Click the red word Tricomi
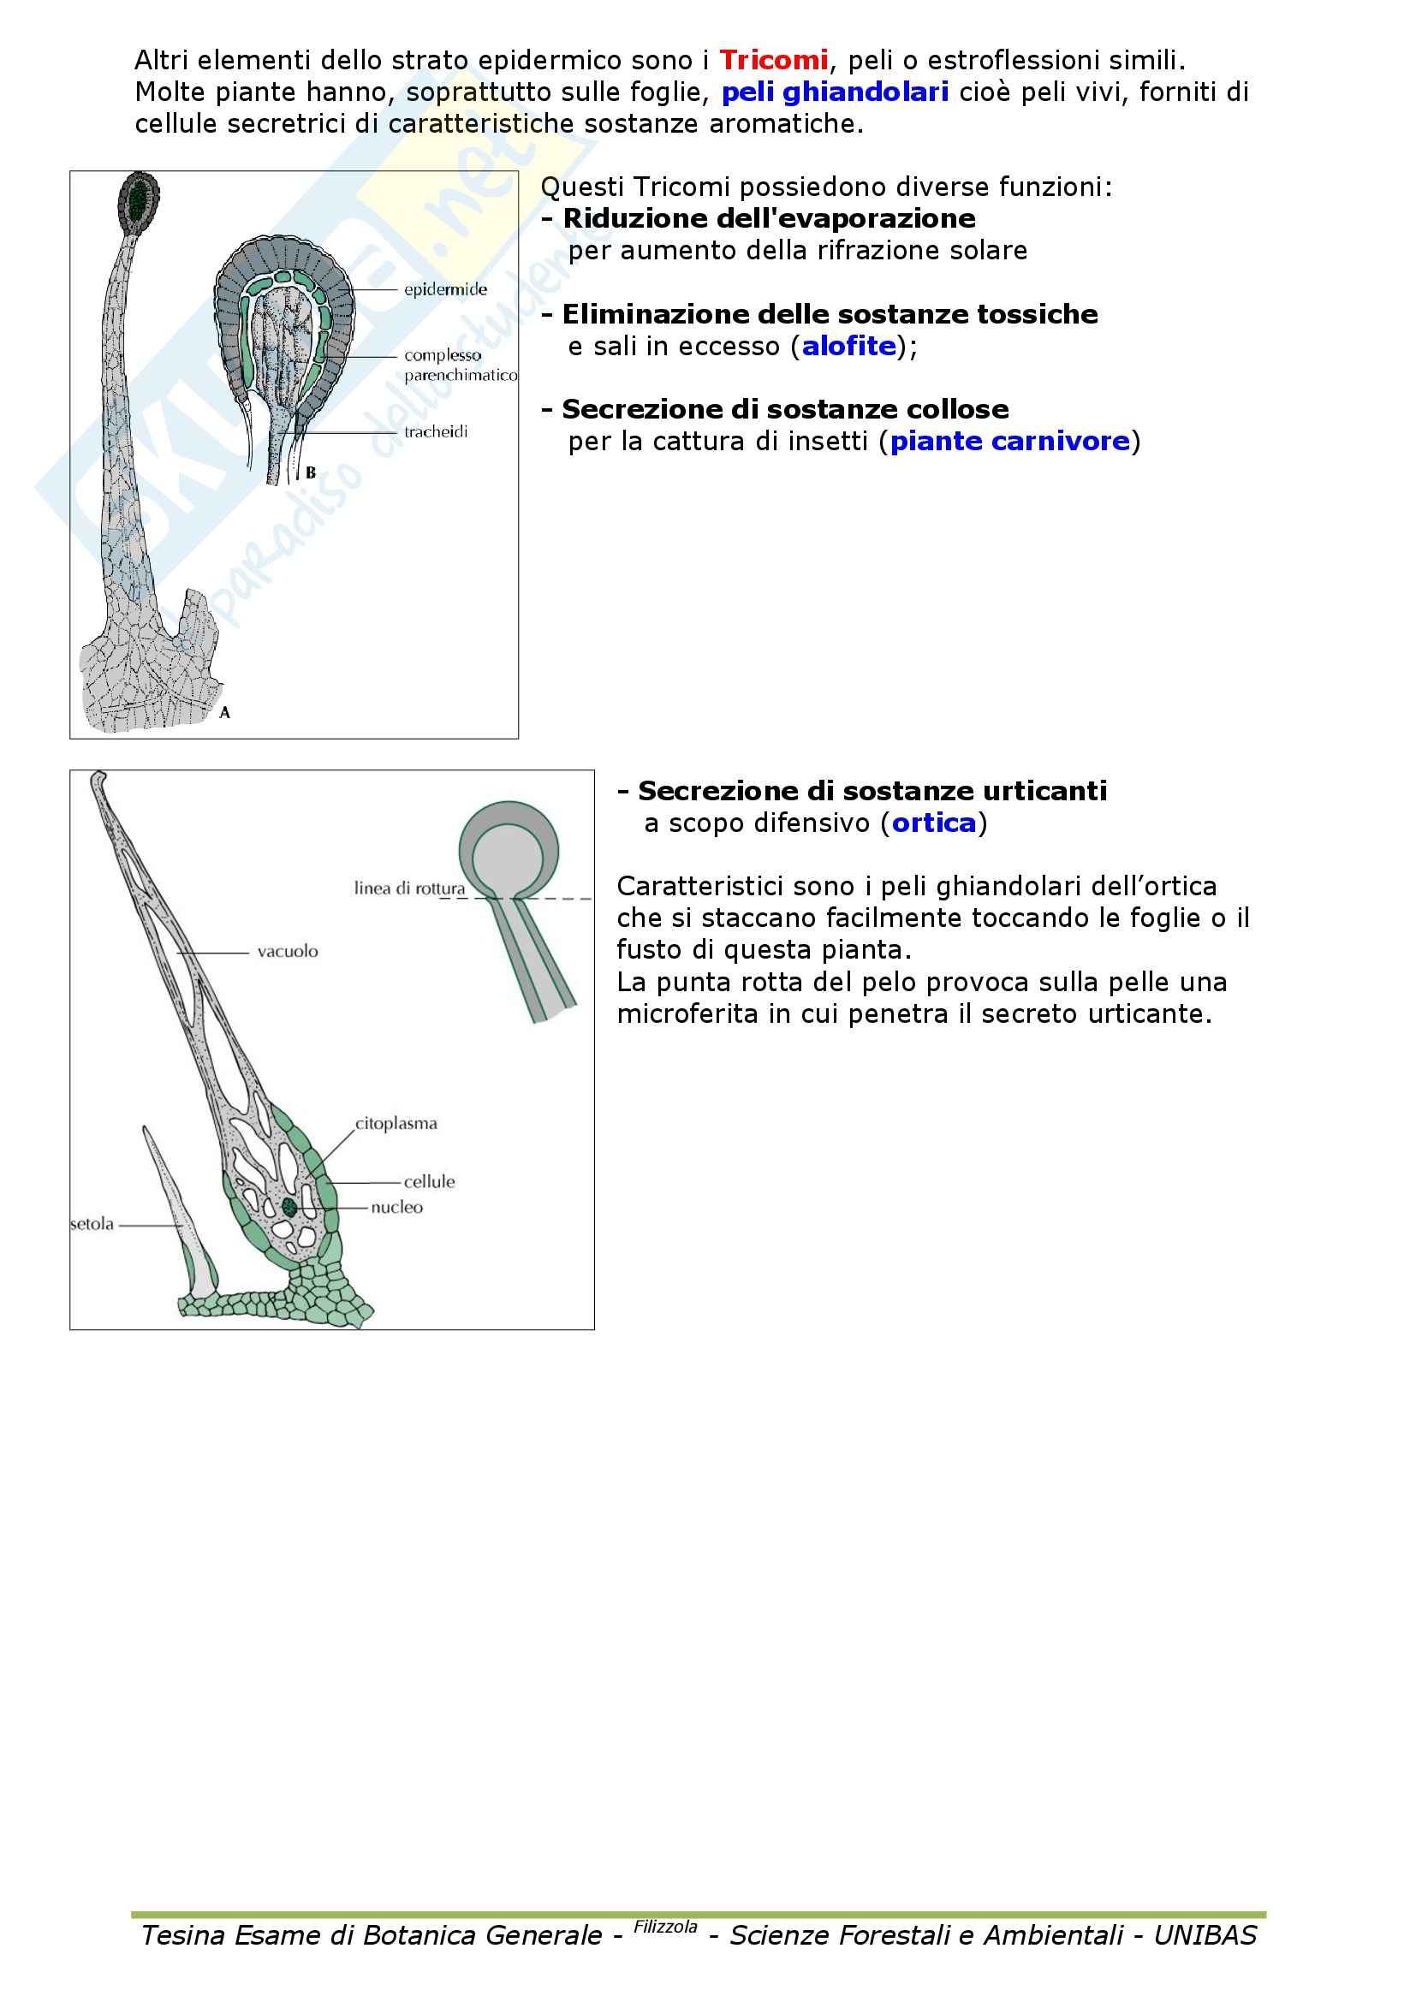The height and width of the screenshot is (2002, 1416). pos(772,61)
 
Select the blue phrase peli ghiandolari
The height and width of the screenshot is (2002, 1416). pos(835,92)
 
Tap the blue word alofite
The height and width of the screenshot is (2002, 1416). pos(848,347)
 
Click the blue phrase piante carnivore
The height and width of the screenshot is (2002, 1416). pos(1008,442)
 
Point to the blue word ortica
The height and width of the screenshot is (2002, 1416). pos(933,823)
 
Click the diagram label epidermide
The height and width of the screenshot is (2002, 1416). pos(444,289)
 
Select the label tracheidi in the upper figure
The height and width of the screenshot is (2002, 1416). pos(435,431)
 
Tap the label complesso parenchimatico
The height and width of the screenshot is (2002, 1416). pos(459,365)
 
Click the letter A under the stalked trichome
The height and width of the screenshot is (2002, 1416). pos(225,712)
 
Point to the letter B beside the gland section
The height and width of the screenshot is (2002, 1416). pos(311,473)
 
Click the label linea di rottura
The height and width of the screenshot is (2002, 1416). pos(409,888)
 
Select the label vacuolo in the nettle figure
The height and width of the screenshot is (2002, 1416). pos(288,951)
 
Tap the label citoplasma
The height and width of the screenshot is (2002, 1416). pos(396,1124)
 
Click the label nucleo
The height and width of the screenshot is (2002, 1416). pos(396,1208)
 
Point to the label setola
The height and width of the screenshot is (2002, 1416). pos(92,1224)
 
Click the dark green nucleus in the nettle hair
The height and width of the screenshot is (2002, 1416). pos(289,1207)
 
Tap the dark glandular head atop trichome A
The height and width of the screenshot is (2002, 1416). pos(140,199)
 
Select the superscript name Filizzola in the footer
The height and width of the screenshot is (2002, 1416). pos(664,1926)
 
